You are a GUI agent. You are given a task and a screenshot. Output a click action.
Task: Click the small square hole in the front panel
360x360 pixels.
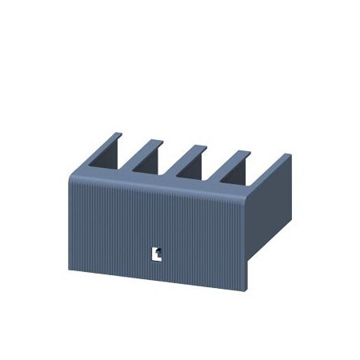point(158,254)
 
